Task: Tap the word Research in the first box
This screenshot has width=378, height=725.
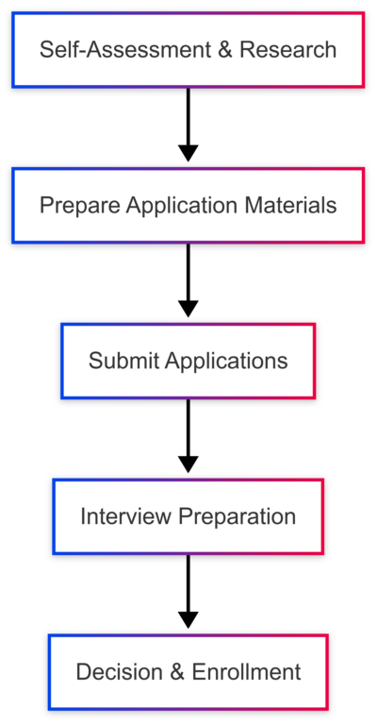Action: [288, 49]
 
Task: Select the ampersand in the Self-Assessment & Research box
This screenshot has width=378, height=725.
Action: [224, 49]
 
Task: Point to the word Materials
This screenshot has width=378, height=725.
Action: [290, 205]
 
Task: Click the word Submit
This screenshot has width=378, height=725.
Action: [123, 361]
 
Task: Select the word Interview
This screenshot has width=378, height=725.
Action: [126, 516]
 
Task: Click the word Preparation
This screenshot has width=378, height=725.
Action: [238, 516]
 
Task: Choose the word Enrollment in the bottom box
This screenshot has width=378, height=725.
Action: [246, 671]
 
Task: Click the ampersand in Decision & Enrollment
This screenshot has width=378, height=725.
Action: [177, 671]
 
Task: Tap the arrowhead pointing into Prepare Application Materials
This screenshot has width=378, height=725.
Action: [189, 153]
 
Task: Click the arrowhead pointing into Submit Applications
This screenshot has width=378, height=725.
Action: [189, 309]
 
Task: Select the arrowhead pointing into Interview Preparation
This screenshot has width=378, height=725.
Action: [189, 464]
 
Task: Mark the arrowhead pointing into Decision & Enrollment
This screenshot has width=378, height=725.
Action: [189, 620]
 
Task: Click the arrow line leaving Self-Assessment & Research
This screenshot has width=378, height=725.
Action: [189, 116]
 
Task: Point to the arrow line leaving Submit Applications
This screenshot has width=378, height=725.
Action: [189, 428]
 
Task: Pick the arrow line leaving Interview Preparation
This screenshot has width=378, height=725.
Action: [189, 583]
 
